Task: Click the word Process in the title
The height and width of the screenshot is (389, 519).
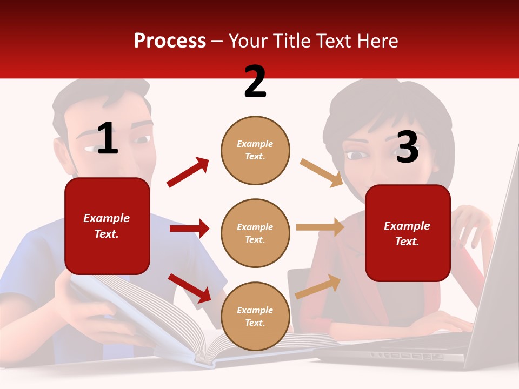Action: click(170, 41)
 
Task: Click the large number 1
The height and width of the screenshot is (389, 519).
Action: click(108, 139)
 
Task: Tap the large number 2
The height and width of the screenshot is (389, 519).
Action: click(255, 82)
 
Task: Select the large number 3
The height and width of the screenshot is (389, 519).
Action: click(407, 147)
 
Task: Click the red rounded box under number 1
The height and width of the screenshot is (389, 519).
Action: click(107, 226)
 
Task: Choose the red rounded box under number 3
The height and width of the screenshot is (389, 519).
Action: click(408, 233)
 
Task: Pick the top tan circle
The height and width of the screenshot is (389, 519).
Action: click(255, 150)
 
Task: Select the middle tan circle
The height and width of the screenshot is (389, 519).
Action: click(255, 233)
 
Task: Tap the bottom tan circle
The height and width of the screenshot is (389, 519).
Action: click(255, 316)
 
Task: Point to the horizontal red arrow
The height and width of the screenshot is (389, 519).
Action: click(189, 229)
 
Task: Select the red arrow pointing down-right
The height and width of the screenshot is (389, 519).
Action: click(190, 287)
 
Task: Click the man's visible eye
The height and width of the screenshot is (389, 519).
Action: click(142, 140)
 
